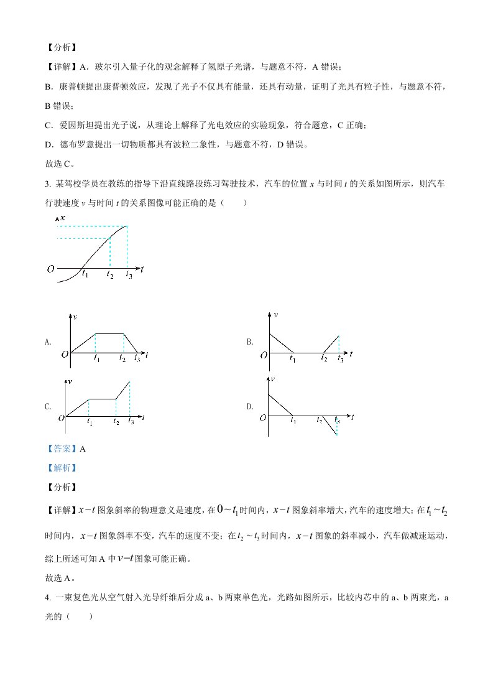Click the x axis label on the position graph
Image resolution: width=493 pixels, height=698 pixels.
pyautogui.click(x=63, y=218)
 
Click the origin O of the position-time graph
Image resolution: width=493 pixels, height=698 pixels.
pyautogui.click(x=50, y=269)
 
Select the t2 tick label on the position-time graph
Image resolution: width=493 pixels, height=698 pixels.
pyautogui.click(x=110, y=274)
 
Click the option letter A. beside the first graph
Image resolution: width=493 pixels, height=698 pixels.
pyautogui.click(x=48, y=342)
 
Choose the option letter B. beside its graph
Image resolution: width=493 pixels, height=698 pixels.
pyautogui.click(x=249, y=342)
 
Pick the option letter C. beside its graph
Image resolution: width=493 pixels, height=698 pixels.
pyautogui.click(x=48, y=406)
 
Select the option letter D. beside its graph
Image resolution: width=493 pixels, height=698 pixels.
pyautogui.click(x=249, y=406)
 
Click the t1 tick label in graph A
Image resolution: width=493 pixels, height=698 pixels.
pyautogui.click(x=96, y=359)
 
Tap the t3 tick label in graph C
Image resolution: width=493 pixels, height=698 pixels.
pyautogui.click(x=131, y=422)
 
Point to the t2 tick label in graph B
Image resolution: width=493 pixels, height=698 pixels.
pyautogui.click(x=325, y=359)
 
